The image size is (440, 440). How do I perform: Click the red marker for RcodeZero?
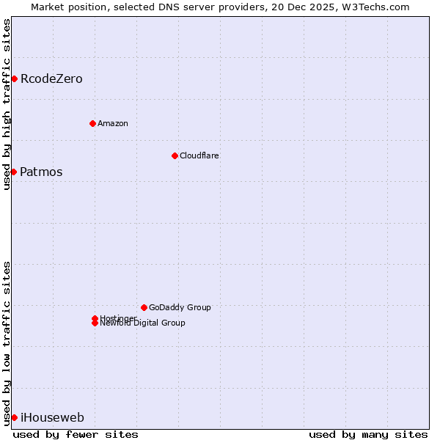point(14,78)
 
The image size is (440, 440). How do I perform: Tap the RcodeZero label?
point(51,78)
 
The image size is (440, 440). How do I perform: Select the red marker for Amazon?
point(92,123)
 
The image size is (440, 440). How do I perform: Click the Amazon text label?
point(113,123)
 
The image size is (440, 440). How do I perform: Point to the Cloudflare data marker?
point(175,155)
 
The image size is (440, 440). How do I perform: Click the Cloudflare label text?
point(199,155)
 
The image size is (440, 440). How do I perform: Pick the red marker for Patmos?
point(13,172)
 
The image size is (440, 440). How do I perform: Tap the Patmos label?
point(41,172)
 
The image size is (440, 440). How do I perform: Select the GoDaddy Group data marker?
point(144,307)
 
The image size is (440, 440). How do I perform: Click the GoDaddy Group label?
point(180,307)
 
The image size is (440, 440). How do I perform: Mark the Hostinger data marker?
point(95,318)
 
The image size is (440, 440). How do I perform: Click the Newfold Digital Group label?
point(143,323)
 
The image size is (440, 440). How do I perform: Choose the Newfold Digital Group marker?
point(95,323)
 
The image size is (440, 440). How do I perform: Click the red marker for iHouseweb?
point(14,417)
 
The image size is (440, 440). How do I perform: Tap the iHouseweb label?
point(52,418)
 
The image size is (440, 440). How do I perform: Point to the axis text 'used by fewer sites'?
point(76,434)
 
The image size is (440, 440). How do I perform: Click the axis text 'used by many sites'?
point(368,434)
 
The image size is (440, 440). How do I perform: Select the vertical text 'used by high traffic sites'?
point(7,104)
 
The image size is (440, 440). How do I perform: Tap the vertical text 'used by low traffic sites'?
point(7,342)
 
